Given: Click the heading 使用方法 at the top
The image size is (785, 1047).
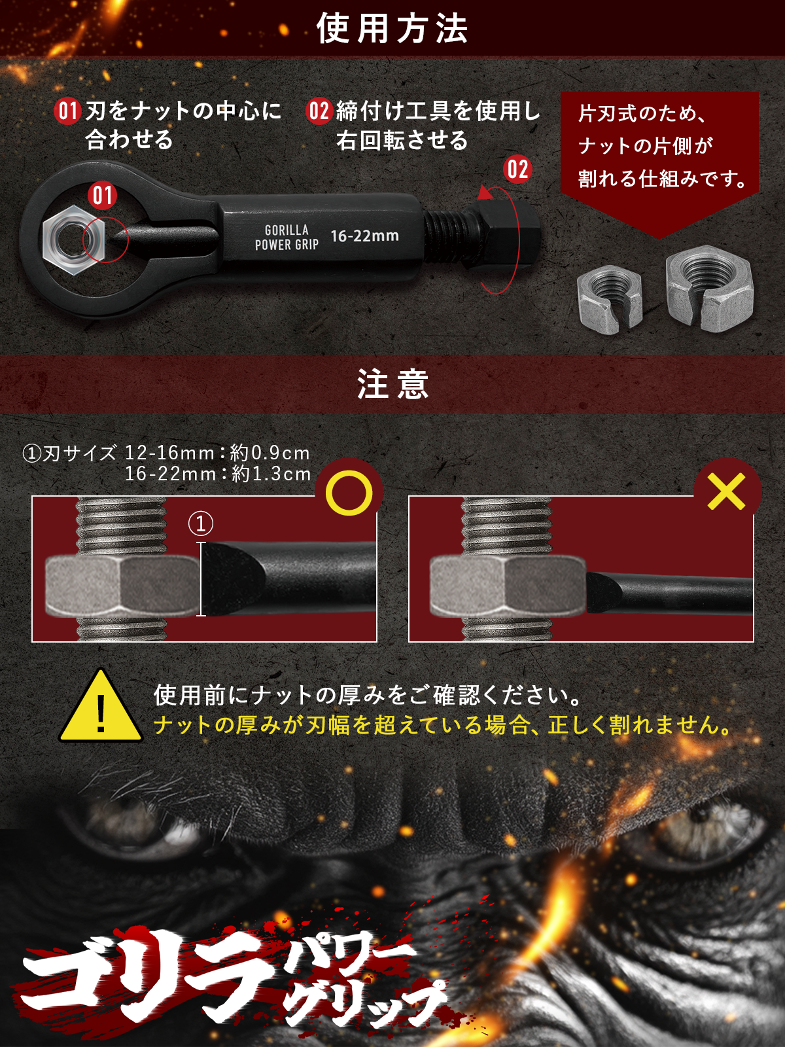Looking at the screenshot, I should pyautogui.click(x=392, y=29).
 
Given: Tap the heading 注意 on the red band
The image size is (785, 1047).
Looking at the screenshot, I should pyautogui.click(x=392, y=384).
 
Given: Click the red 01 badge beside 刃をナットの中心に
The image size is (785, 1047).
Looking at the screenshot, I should pyautogui.click(x=67, y=111).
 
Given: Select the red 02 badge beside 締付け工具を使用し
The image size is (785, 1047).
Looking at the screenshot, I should pyautogui.click(x=319, y=111).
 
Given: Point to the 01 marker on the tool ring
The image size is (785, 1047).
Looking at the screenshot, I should pyautogui.click(x=103, y=195).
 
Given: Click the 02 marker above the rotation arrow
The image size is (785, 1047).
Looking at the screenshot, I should pyautogui.click(x=517, y=169).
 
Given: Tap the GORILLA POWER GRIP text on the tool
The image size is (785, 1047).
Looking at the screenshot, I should pyautogui.click(x=287, y=238).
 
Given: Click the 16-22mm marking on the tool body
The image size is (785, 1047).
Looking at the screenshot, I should pyautogui.click(x=364, y=236).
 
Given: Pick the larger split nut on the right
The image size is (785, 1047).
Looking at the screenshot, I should pyautogui.click(x=709, y=289).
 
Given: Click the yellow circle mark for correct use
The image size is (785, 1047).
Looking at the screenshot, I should pyautogui.click(x=349, y=493).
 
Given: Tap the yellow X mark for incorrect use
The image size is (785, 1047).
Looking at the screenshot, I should pyautogui.click(x=726, y=492).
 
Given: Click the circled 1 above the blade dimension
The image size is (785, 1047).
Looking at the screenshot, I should pyautogui.click(x=201, y=523).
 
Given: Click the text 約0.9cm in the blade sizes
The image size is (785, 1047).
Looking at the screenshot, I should pyautogui.click(x=270, y=453).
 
